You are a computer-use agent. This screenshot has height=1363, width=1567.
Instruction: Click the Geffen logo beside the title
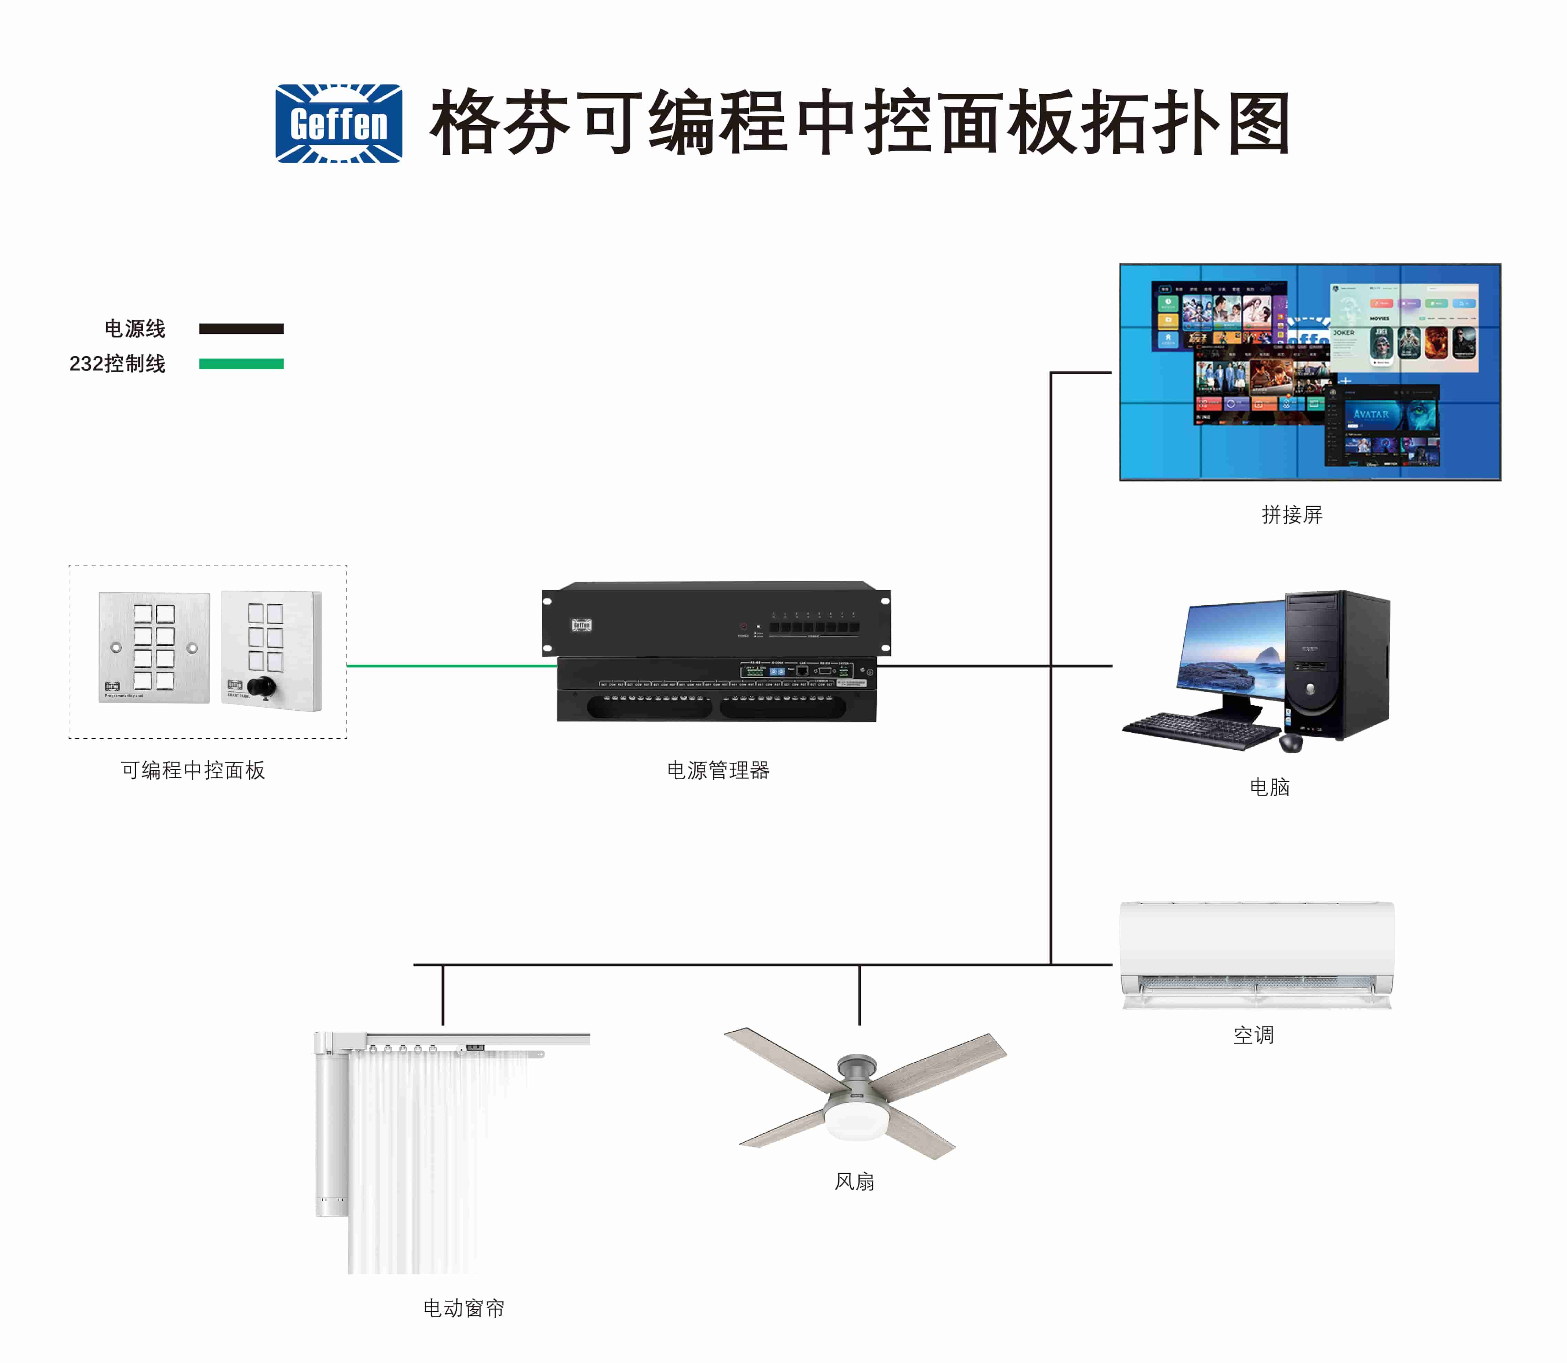coord(339,123)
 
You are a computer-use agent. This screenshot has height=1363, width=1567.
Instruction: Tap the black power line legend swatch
coord(241,329)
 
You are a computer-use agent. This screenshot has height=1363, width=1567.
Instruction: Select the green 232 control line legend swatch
coord(241,364)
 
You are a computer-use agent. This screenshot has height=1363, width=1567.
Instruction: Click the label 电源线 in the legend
coord(135,329)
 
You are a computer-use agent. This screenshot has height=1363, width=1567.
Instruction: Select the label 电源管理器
coord(718,770)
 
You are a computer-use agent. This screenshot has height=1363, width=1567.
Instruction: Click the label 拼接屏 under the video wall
coord(1291,515)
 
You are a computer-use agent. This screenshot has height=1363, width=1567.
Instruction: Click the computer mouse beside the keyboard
coord(1291,742)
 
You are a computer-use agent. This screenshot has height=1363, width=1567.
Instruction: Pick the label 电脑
coord(1269,787)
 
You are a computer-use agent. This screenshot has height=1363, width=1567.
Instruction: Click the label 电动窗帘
coord(464,1308)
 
